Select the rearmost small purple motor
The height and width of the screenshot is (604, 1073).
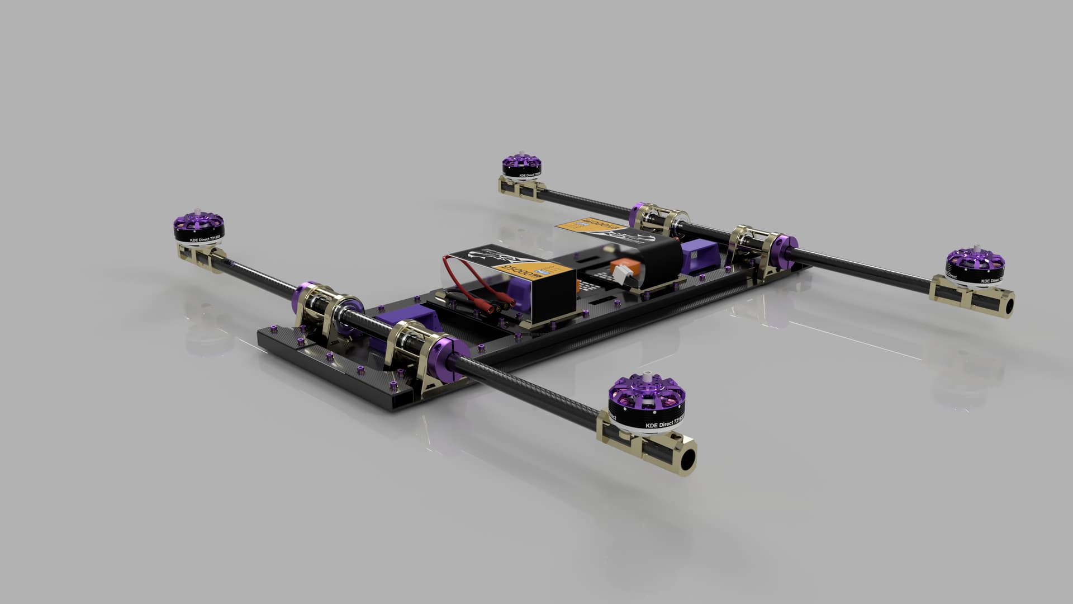coord(521,166)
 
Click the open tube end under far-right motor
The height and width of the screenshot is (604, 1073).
coord(1006,306)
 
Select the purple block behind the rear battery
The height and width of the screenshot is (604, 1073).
coord(701,258)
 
